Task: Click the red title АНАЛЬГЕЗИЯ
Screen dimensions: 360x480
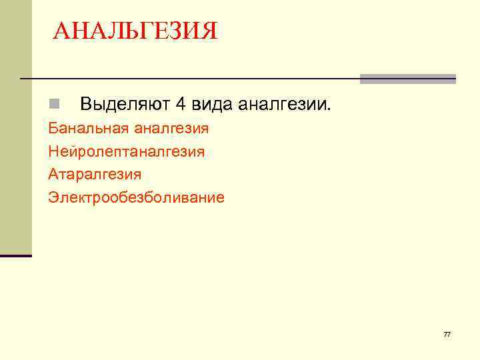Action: pos(135,31)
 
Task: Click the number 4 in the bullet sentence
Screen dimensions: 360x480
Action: pos(181,104)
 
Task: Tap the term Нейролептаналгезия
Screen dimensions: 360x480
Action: pos(126,151)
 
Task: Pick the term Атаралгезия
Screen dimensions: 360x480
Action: pos(95,174)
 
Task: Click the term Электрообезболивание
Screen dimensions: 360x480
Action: pos(136,197)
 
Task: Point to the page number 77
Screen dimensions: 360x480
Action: pos(447,334)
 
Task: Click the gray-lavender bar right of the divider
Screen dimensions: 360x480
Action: pos(408,79)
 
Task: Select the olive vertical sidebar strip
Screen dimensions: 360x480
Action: pos(15,127)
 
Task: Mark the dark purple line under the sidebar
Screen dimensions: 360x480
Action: pos(15,255)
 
